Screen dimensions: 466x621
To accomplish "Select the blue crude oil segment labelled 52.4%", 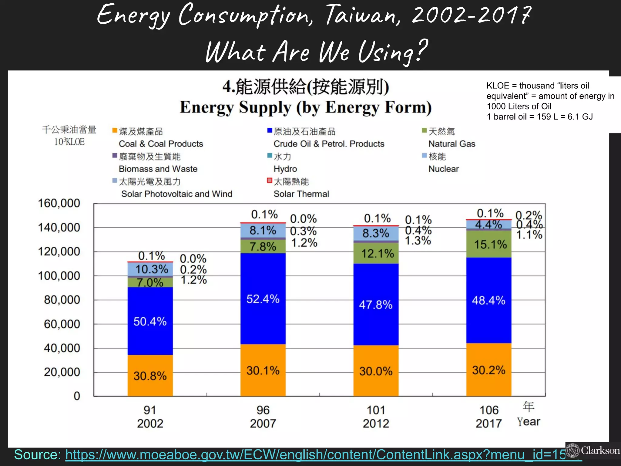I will (x=263, y=299).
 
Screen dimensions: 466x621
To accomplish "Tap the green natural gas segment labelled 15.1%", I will (x=489, y=244).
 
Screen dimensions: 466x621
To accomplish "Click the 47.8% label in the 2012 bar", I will (x=376, y=305).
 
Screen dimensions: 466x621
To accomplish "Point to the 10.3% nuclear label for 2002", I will (x=151, y=269).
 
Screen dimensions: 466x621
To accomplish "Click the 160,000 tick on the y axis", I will (x=59, y=203).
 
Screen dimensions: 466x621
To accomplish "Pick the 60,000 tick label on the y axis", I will (x=62, y=324).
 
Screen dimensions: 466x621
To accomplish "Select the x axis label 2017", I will (x=488, y=423).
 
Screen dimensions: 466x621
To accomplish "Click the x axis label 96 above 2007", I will (x=263, y=410).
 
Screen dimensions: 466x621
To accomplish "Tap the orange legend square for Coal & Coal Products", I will (x=115, y=130).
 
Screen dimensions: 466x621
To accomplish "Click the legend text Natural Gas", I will (x=451, y=144).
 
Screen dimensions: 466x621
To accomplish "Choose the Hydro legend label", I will (x=285, y=169).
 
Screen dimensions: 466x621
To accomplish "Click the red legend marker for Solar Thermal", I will (x=269, y=181).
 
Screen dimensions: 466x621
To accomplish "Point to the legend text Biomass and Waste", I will (x=158, y=169).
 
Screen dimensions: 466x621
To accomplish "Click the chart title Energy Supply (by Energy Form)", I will (x=305, y=107).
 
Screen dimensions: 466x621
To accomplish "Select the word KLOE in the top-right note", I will (x=498, y=86).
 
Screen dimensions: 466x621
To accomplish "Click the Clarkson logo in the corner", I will (x=593, y=450).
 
